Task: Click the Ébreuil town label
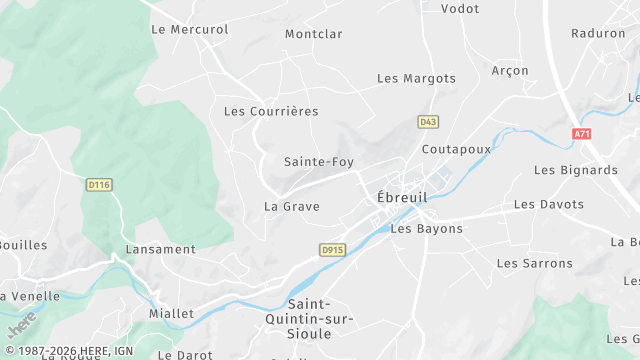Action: [x=402, y=198]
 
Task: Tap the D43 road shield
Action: [x=428, y=122]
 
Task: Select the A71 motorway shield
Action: [x=583, y=133]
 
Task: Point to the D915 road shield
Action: [x=332, y=249]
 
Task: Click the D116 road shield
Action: [x=98, y=184]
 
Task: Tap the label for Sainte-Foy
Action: [x=319, y=161]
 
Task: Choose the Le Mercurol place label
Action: [x=189, y=29]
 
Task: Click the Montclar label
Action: [x=313, y=34]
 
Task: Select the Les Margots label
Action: [x=416, y=78]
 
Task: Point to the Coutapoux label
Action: [x=456, y=149]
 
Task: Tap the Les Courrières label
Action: [x=271, y=111]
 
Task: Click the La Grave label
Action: [x=291, y=207]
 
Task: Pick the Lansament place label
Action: [x=160, y=249]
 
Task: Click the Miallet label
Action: [x=171, y=313]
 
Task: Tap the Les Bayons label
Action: [x=427, y=229]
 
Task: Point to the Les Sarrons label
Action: [x=535, y=263]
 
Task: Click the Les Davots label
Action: [x=549, y=204]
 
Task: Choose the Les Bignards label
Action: [x=576, y=170]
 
